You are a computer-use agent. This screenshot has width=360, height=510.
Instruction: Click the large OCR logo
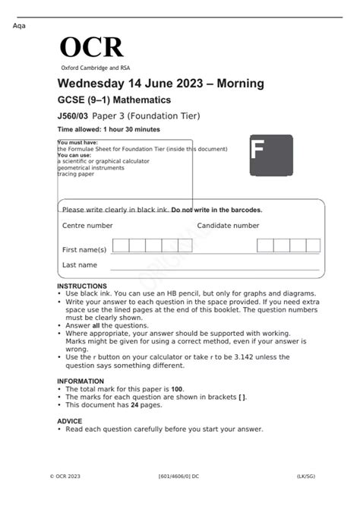(x=91, y=47)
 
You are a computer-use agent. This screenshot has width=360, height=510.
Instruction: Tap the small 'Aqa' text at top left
(x=20, y=27)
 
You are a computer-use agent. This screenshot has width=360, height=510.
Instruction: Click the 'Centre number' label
(x=87, y=226)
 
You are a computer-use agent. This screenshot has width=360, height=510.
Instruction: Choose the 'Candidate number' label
(x=228, y=226)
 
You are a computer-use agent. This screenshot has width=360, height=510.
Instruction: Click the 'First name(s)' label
(x=84, y=249)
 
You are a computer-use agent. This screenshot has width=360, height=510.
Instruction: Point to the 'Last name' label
(x=80, y=265)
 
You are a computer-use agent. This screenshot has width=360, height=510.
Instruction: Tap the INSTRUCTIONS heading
(x=82, y=286)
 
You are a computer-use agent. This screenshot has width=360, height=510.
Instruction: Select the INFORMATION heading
(x=81, y=381)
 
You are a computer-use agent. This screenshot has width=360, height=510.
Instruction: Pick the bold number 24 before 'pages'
(x=134, y=405)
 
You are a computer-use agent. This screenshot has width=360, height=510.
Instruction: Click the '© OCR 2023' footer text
(x=66, y=477)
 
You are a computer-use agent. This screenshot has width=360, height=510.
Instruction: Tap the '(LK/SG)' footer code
(x=308, y=477)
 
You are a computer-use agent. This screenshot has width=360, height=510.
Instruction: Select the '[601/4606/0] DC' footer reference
(x=178, y=477)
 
